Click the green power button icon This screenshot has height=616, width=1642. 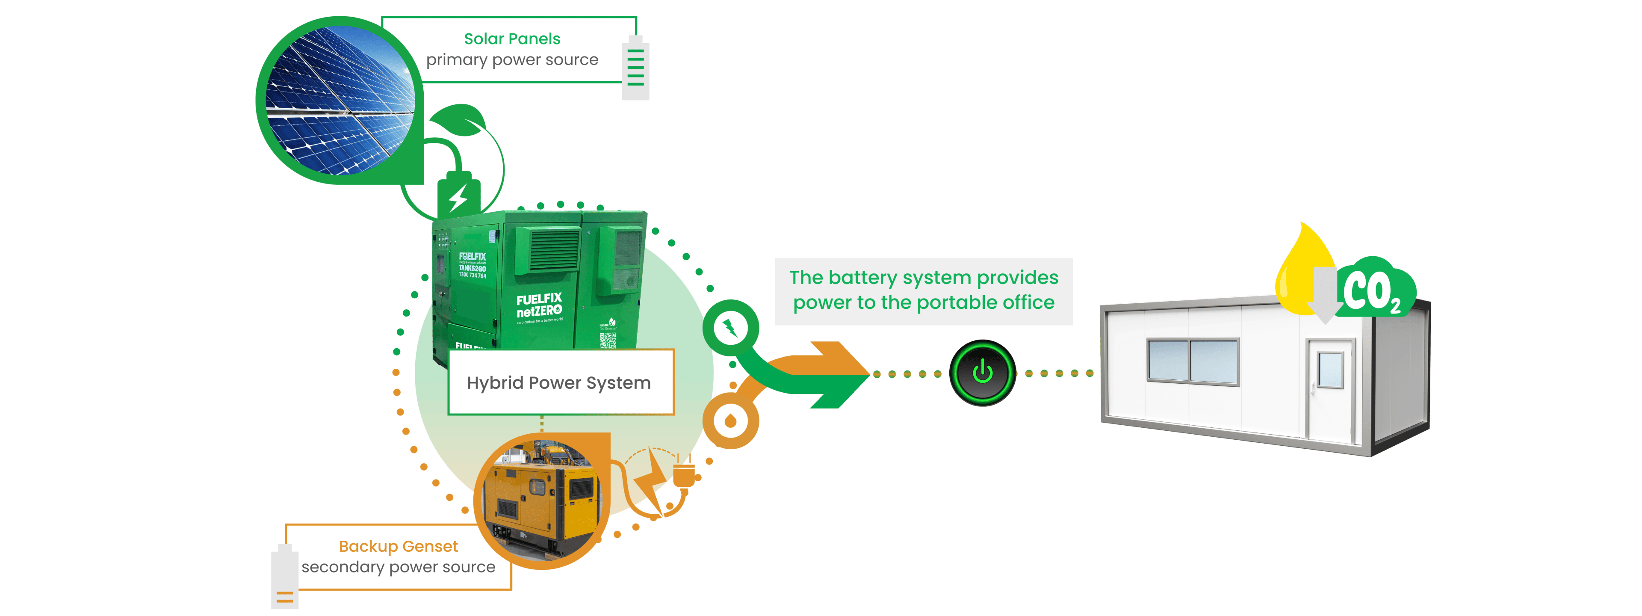(x=982, y=373)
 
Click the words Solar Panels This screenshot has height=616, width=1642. (x=512, y=39)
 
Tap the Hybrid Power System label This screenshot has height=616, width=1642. (x=559, y=382)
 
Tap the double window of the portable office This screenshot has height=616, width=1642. (x=1193, y=361)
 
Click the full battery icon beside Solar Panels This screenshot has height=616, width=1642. (x=635, y=69)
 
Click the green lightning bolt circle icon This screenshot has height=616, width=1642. (x=730, y=329)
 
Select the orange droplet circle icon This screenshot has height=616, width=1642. (x=730, y=421)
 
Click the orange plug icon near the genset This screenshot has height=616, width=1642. (x=684, y=476)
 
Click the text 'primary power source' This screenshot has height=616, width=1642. (x=512, y=60)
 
